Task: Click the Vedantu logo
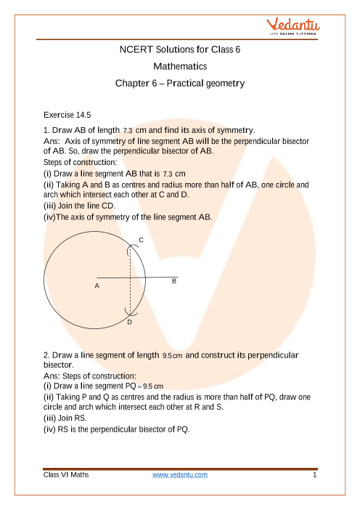292,26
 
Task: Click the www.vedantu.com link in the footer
180,475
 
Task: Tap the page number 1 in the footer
314,475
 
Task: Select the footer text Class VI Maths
66,475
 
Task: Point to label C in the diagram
141,240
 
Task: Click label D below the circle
129,323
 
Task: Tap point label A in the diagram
97,286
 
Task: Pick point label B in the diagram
174,281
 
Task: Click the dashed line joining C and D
131,280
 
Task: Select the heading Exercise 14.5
67,115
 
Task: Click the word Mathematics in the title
180,66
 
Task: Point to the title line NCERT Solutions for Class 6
180,49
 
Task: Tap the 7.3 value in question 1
128,131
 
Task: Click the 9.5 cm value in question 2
172,356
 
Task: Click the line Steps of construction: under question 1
80,162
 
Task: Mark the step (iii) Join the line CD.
79,206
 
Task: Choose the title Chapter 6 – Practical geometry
180,84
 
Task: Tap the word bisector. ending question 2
59,365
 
